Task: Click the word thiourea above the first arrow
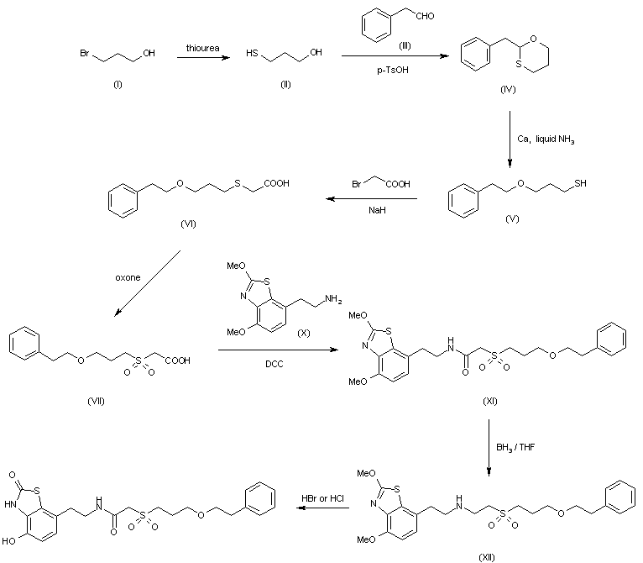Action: [x=202, y=48]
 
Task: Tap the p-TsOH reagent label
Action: [x=393, y=71]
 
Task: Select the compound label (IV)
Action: [x=508, y=89]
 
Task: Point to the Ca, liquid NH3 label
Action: [x=546, y=139]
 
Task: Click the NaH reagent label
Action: [x=377, y=210]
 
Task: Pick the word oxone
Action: [x=128, y=277]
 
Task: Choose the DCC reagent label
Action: [x=274, y=364]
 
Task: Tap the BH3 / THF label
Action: [x=515, y=447]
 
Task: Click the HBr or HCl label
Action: [x=322, y=498]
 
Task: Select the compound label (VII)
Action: [x=96, y=401]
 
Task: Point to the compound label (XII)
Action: [x=487, y=557]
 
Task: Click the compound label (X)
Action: [x=304, y=333]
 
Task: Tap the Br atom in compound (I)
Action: [x=85, y=54]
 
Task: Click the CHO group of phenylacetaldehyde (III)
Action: [x=425, y=16]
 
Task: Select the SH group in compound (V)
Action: [x=580, y=183]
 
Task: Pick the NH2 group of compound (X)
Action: [x=333, y=299]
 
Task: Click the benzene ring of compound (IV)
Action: [x=476, y=55]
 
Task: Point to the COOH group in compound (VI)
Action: [x=277, y=183]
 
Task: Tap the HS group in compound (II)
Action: [x=252, y=54]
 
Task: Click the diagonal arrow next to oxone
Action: [x=147, y=283]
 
